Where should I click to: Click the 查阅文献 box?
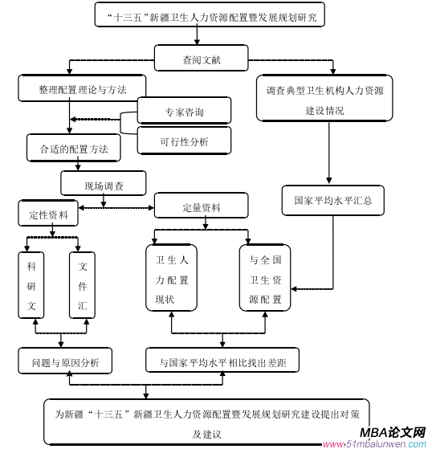[201, 58]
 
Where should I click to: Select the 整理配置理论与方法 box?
[82, 88]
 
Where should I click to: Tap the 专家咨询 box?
[184, 111]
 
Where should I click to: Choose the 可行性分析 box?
[184, 141]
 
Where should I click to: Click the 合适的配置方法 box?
[74, 148]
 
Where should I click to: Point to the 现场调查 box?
[104, 184]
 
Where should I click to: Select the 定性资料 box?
[48, 214]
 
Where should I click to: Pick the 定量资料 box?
[201, 206]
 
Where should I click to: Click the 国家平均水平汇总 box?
[333, 201]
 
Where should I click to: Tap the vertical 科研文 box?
[31, 285]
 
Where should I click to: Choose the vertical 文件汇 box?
[82, 285]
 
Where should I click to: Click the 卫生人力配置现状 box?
[171, 278]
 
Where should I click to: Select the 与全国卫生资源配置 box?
[265, 278]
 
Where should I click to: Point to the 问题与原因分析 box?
[65, 361]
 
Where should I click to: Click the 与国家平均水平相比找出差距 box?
[222, 360]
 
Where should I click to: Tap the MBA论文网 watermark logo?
[393, 432]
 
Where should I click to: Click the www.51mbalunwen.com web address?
[375, 444]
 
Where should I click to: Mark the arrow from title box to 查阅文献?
[197, 35]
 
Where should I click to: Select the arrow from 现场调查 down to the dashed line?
[104, 201]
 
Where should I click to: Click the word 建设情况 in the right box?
[324, 111]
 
